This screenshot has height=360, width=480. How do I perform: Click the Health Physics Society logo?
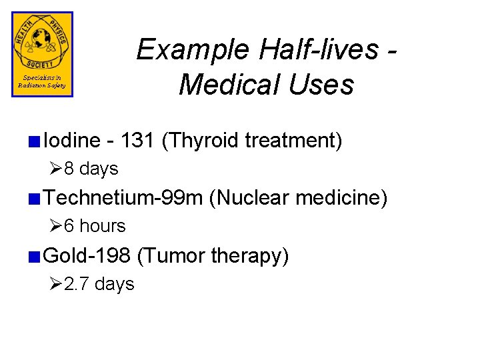(42, 54)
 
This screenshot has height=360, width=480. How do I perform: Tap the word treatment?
(293, 141)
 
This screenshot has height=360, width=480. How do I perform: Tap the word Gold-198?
(88, 255)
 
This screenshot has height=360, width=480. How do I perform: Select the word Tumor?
(171, 255)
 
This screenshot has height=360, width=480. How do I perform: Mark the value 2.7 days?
(99, 284)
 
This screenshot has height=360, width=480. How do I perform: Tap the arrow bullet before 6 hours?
(56, 227)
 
